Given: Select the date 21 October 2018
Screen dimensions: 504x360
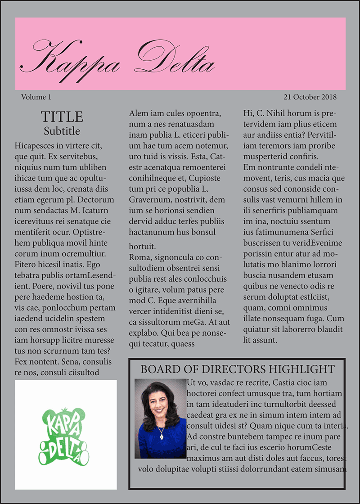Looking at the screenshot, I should [x=310, y=97].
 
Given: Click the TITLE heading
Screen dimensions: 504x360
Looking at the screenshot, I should [x=62, y=117].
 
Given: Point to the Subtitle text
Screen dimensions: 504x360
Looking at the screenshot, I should [x=62, y=131].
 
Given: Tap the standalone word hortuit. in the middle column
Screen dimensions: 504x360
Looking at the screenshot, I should [x=142, y=247].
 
